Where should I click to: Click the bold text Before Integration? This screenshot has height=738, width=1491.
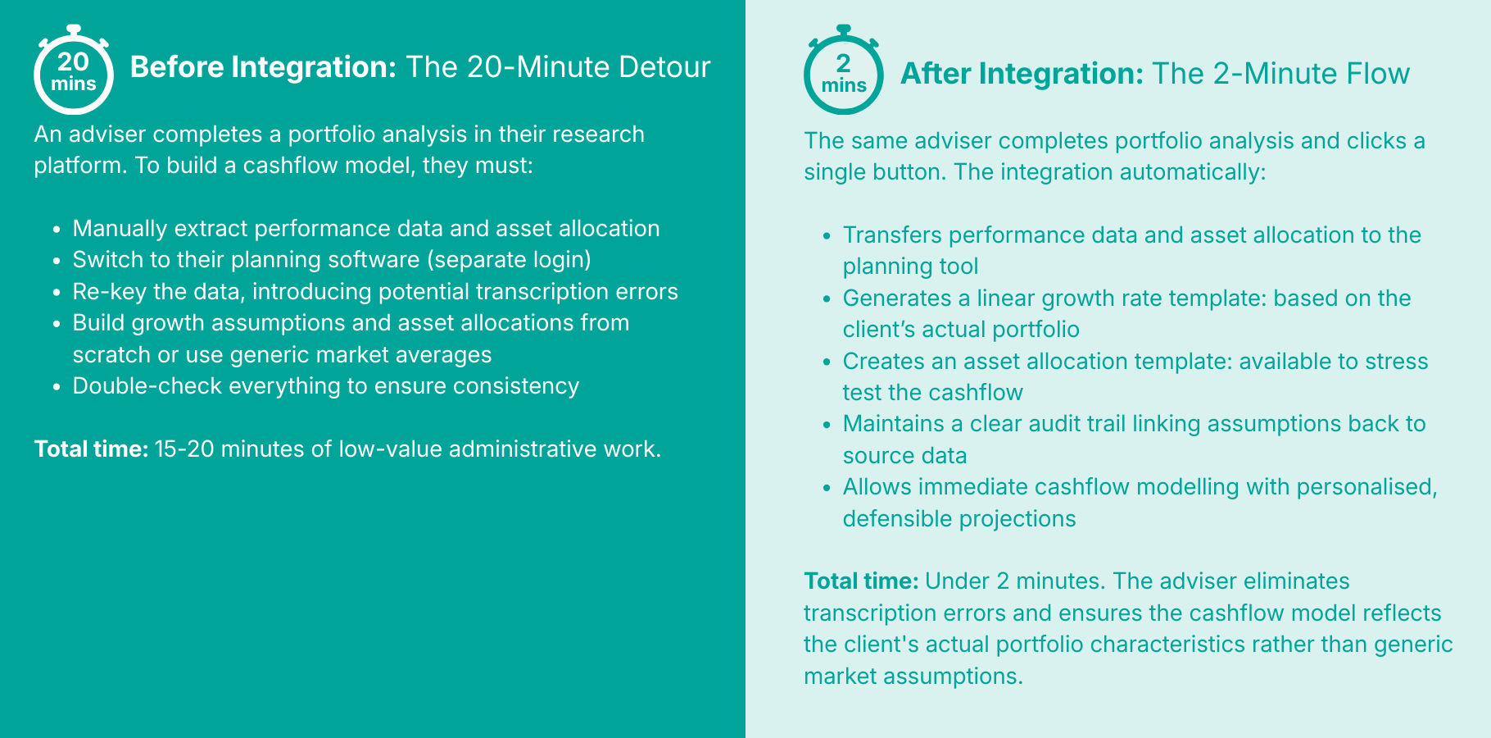click(x=264, y=67)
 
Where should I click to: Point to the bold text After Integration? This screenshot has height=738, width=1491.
click(x=1022, y=74)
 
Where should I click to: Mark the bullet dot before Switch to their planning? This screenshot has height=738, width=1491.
click(x=57, y=262)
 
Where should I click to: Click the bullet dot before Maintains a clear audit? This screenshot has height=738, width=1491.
click(x=827, y=426)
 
